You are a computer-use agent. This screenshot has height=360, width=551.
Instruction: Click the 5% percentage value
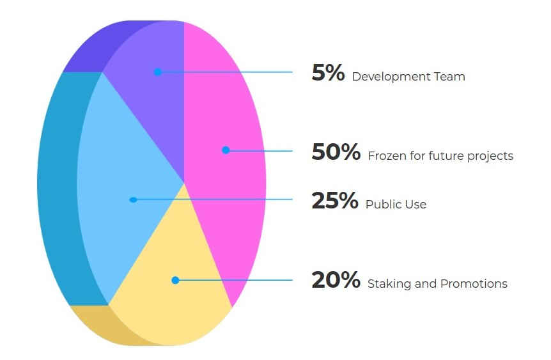[x=328, y=73]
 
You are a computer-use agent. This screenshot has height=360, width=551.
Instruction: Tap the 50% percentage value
[x=336, y=152]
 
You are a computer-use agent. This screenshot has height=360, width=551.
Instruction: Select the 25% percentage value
[x=335, y=200]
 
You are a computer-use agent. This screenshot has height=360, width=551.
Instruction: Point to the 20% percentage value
[x=336, y=280]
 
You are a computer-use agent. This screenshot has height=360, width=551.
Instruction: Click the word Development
[x=391, y=77]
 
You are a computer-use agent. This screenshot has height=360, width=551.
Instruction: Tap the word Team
[x=449, y=76]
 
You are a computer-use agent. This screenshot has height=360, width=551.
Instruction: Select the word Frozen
[x=387, y=156]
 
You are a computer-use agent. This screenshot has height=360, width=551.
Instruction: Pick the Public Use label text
[x=396, y=204]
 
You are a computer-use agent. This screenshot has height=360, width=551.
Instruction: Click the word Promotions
[x=474, y=284]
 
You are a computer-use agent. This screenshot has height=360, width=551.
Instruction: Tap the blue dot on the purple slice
[x=158, y=72]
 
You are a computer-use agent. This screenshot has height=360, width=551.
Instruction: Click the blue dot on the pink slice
[x=226, y=150]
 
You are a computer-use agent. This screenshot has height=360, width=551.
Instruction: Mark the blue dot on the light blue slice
[x=133, y=200]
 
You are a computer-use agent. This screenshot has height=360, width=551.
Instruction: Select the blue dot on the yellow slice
[x=175, y=280]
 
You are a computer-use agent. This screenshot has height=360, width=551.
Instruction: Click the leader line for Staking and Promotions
[x=234, y=280]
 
